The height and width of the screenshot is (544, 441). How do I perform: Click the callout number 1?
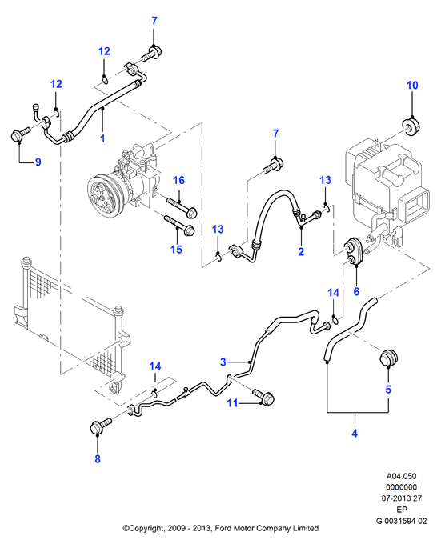click(x=102, y=138)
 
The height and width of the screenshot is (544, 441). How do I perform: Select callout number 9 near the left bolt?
click(x=38, y=162)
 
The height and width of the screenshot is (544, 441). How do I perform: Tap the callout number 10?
click(x=412, y=85)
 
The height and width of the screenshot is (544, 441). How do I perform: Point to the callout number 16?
click(x=178, y=181)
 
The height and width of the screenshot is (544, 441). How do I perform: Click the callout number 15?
click(x=176, y=249)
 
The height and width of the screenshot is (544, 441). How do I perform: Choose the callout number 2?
click(x=301, y=251)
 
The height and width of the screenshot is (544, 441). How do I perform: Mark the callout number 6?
click(x=356, y=291)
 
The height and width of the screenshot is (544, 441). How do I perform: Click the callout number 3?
click(x=223, y=362)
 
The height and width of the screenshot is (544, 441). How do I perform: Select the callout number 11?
click(x=232, y=402)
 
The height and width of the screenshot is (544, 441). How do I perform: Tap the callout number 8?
click(x=98, y=458)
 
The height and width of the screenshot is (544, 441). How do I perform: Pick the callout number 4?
click(x=355, y=433)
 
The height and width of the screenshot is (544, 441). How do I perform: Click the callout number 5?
click(x=388, y=390)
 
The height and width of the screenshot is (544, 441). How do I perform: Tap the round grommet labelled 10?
click(x=411, y=126)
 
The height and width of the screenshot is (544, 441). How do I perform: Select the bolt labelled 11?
click(x=263, y=396)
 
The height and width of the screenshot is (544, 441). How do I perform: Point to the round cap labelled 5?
click(x=389, y=358)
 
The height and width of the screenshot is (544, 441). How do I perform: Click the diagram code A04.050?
click(x=402, y=476)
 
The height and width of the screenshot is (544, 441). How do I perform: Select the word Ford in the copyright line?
click(x=223, y=528)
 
